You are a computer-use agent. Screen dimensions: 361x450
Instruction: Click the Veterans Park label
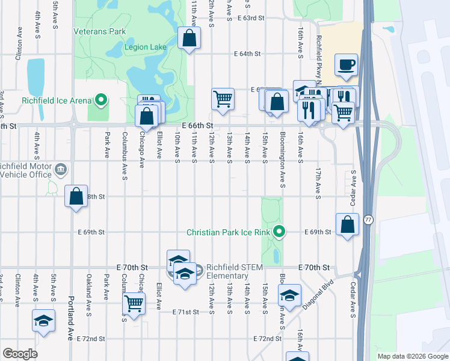tap(100, 31)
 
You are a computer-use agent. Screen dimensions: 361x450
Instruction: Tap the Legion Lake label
tap(144, 47)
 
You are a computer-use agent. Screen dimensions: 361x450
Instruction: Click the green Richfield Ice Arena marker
tap(102, 100)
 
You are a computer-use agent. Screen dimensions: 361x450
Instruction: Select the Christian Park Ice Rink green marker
tap(279, 231)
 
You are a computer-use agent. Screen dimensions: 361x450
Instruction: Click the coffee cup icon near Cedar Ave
tap(347, 64)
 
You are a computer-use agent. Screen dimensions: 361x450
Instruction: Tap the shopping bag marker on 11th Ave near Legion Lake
tap(189, 39)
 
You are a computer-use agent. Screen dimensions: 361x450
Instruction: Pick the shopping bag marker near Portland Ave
tap(76, 196)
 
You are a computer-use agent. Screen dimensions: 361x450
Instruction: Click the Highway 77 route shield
tap(368, 221)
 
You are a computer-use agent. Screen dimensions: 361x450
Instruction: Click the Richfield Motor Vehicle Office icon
tap(61, 170)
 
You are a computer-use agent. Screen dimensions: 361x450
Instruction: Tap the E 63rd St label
tap(251, 18)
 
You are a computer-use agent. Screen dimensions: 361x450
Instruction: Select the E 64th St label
tap(247, 54)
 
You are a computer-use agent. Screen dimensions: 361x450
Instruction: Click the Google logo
tap(20, 354)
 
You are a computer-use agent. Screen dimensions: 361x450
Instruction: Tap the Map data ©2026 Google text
tap(413, 356)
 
